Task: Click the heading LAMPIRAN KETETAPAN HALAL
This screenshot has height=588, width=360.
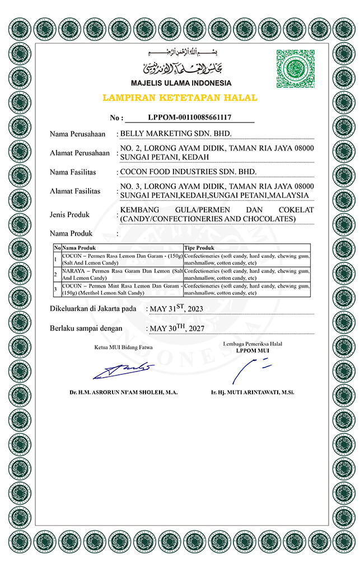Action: click(180, 98)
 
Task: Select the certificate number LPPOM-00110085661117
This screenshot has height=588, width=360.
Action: click(189, 117)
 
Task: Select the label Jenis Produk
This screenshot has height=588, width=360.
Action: click(70, 214)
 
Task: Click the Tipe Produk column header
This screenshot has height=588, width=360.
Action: click(199, 247)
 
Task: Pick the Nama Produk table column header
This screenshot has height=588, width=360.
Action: click(79, 247)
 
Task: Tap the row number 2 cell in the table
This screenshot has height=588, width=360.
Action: click(57, 274)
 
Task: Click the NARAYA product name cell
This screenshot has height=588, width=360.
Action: click(122, 274)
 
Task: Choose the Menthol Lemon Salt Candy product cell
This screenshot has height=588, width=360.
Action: click(122, 289)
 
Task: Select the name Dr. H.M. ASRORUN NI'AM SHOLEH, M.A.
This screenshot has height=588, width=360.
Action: click(124, 392)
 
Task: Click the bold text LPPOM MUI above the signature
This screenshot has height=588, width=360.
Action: click(253, 351)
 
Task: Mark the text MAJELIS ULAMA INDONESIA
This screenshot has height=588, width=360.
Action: click(181, 83)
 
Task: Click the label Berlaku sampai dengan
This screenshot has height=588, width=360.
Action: click(86, 328)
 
